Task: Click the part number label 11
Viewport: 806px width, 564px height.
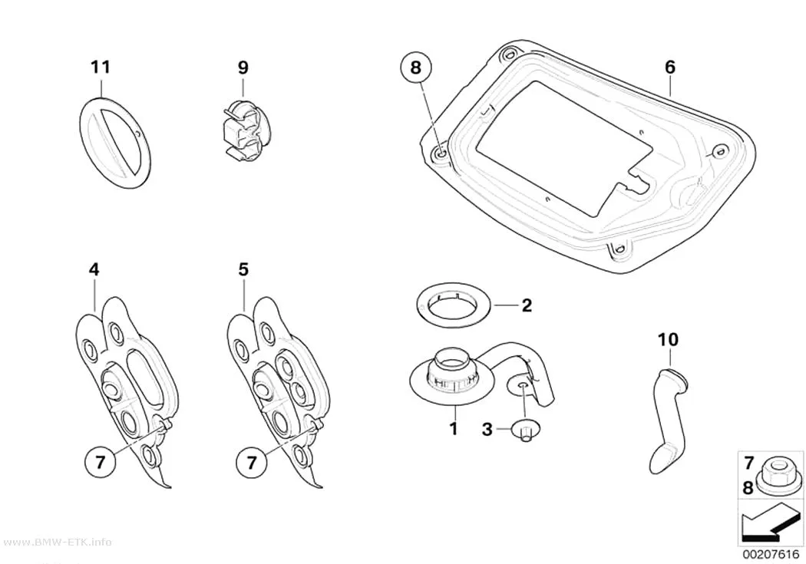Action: pyautogui.click(x=101, y=68)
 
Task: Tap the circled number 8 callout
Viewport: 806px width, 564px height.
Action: pyautogui.click(x=415, y=68)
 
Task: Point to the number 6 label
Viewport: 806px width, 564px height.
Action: pyautogui.click(x=670, y=68)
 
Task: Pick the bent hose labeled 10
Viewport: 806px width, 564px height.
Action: pyautogui.click(x=668, y=419)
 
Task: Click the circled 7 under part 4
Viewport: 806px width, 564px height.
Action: pyautogui.click(x=100, y=462)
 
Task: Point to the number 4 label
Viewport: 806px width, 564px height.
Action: pyautogui.click(x=94, y=269)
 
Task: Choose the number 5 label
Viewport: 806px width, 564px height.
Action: pyautogui.click(x=243, y=269)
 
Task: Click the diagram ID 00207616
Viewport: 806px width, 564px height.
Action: pyautogui.click(x=771, y=555)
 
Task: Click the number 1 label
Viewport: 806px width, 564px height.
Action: pyautogui.click(x=454, y=428)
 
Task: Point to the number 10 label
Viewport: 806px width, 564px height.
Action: pyautogui.click(x=668, y=339)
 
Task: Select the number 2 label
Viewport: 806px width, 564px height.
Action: pyautogui.click(x=527, y=305)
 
